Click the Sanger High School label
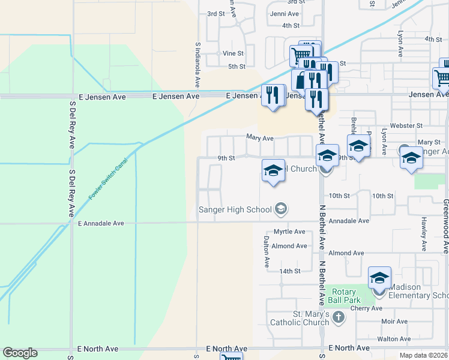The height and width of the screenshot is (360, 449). coord(235,209)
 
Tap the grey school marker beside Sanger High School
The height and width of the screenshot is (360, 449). coord(280,209)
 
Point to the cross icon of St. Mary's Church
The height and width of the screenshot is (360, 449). coord(339,317)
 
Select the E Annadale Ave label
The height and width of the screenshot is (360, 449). coord(101,223)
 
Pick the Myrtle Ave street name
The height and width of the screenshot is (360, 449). coord(289,232)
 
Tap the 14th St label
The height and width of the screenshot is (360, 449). coord(289,271)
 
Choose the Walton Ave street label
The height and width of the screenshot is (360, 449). coord(394,339)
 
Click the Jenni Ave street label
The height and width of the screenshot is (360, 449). coord(284,13)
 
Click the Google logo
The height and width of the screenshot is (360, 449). coord(20,353)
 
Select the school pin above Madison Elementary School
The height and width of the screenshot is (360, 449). coord(379,278)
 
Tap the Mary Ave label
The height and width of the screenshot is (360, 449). coord(260,137)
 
